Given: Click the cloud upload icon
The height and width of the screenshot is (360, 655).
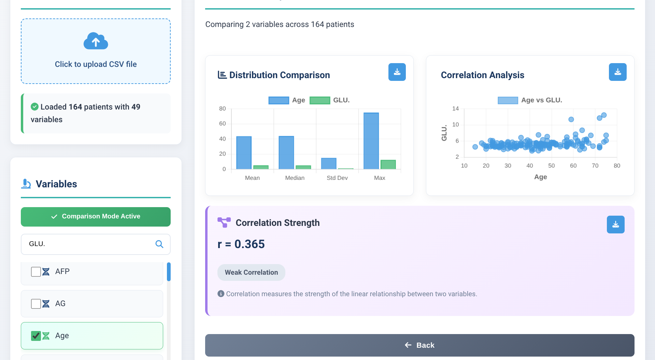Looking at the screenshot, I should (96, 41).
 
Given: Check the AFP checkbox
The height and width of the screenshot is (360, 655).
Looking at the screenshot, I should (36, 272).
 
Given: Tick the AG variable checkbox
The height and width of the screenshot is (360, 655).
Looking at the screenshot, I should (36, 304).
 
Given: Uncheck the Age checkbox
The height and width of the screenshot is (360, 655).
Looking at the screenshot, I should (36, 336).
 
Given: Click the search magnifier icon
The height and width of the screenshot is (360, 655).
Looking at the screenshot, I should (159, 244).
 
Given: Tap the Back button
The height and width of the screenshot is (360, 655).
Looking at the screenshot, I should (419, 345).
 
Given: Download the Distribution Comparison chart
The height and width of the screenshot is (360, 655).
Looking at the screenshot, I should (397, 72).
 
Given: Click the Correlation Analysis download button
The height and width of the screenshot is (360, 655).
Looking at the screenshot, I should (617, 72).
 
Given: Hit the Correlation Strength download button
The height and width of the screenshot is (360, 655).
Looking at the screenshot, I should (615, 225).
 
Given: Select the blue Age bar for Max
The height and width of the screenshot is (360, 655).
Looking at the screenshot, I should (371, 141).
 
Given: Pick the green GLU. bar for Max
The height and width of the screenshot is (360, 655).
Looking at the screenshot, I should (388, 164).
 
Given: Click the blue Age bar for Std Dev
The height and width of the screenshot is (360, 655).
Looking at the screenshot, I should (329, 163).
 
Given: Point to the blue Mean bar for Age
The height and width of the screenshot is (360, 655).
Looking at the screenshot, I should (244, 153).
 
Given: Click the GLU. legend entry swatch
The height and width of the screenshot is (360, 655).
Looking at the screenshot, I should (320, 100).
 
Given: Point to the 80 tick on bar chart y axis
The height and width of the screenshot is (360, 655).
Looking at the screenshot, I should (223, 109).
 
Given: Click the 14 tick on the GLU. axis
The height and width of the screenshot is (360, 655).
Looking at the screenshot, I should (455, 109).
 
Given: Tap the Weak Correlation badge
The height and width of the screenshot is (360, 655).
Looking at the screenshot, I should (251, 272).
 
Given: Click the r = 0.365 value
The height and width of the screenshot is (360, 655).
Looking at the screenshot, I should (241, 244).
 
